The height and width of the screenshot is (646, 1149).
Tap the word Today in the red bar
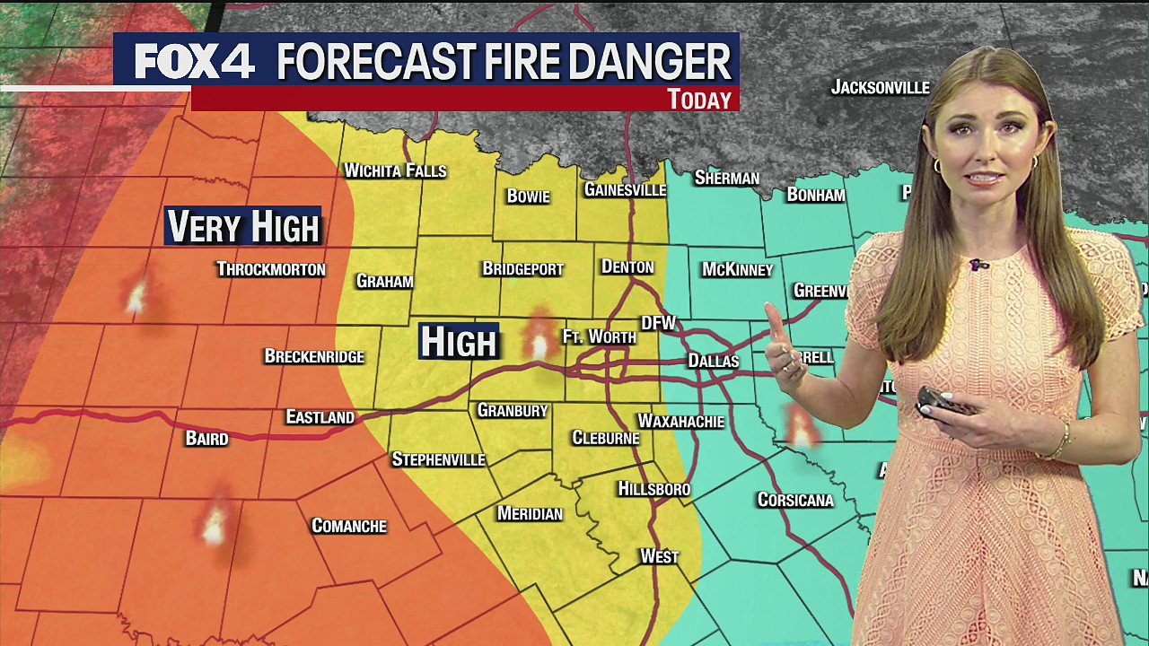tap(699, 100)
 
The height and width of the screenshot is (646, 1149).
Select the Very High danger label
tap(243, 227)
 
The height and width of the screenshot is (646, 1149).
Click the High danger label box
tap(458, 342)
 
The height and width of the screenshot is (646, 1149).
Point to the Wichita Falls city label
tap(395, 170)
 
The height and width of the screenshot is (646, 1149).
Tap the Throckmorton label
tap(271, 269)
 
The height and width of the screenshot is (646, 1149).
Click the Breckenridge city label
tap(314, 356)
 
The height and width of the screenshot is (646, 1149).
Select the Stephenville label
tap(438, 459)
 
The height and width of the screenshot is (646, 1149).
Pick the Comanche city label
tap(348, 526)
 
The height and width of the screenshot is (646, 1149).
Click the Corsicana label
tap(795, 500)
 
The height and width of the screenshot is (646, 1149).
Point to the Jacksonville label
tap(880, 87)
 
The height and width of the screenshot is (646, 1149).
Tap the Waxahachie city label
tap(680, 421)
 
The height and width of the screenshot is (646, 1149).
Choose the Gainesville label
tap(625, 189)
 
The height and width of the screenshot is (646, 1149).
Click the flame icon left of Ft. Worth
tap(539, 338)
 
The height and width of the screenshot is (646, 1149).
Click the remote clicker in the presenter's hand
tap(945, 402)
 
